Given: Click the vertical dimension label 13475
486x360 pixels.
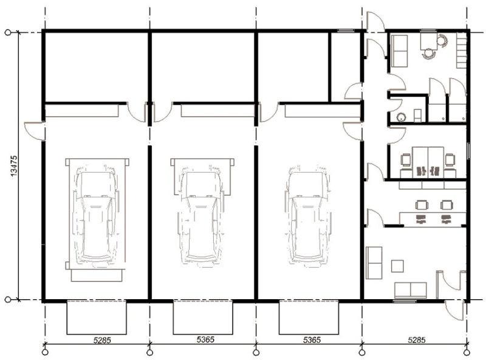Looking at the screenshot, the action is [14, 166].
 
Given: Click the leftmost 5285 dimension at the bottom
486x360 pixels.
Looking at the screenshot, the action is [102, 340].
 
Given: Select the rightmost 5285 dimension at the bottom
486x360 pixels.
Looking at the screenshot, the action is [416, 340].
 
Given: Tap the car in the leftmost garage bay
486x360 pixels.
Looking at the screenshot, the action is [96, 214].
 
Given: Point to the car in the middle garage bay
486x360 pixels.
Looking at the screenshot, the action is [202, 214].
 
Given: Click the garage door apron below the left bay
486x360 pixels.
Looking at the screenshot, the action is [97, 317].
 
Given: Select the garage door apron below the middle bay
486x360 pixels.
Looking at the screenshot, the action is [203, 317].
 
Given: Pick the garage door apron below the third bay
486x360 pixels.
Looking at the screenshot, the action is [309, 317].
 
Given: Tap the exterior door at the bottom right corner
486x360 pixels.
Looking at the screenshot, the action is [455, 310].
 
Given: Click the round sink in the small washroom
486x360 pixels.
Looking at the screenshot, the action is [402, 117].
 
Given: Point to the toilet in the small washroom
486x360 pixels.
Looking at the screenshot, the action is [418, 116].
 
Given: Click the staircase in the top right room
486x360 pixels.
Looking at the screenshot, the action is [461, 50].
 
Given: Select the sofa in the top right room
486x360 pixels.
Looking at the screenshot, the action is [399, 51].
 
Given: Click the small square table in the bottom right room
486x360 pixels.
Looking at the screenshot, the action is [397, 266].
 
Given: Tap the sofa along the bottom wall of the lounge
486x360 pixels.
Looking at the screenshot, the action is [411, 290].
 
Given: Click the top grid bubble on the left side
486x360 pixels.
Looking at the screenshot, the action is [8, 32].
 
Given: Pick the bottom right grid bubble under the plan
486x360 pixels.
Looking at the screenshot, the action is [467, 352].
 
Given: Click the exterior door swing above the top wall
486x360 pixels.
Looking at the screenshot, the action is [375, 21].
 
